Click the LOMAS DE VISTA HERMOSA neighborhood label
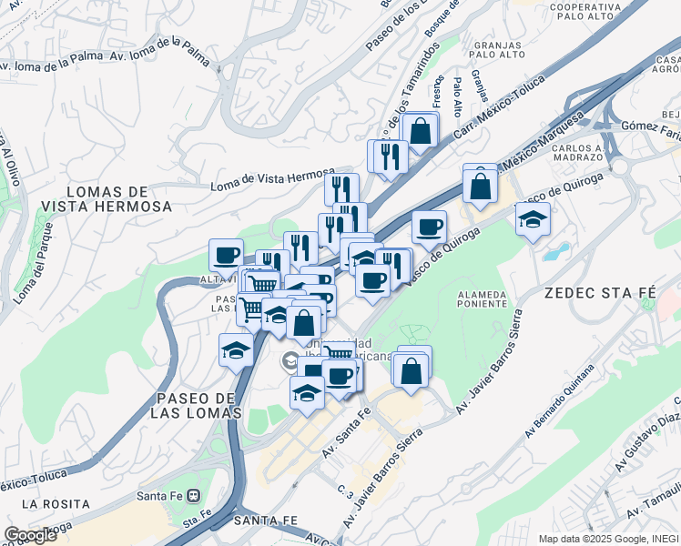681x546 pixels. [x=107, y=199]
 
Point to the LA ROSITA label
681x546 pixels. [x=56, y=503]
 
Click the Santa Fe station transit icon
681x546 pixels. [x=195, y=496]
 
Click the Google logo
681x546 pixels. [x=30, y=535]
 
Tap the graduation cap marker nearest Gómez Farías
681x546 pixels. [x=533, y=219]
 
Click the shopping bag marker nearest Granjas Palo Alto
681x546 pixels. [x=421, y=130]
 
